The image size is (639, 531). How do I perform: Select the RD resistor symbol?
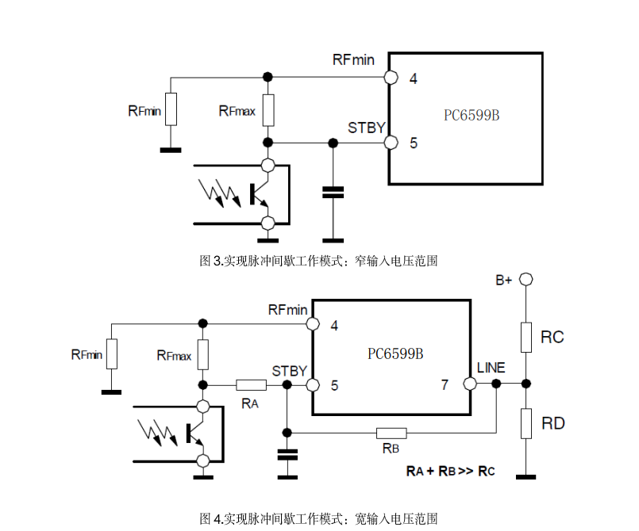(525, 423)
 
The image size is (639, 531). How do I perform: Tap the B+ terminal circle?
(525, 279)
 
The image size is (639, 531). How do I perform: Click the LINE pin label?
(491, 369)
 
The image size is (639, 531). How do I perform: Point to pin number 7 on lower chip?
(445, 385)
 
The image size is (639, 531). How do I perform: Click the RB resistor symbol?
(391, 433)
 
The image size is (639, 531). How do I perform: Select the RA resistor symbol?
(251, 385)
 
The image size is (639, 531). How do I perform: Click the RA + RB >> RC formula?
(450, 471)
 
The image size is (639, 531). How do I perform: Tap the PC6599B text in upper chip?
(472, 115)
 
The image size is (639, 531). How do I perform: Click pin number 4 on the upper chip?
(414, 78)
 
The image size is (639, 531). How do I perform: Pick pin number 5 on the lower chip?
(335, 385)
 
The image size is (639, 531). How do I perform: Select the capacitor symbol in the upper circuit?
(333, 191)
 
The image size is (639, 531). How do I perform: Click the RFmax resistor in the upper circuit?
(268, 109)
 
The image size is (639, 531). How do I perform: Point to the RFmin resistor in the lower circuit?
(112, 353)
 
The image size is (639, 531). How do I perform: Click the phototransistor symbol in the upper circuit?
(259, 193)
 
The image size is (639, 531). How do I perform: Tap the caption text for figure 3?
(318, 260)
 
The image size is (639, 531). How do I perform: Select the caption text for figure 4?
(318, 518)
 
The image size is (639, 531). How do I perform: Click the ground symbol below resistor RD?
(525, 476)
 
